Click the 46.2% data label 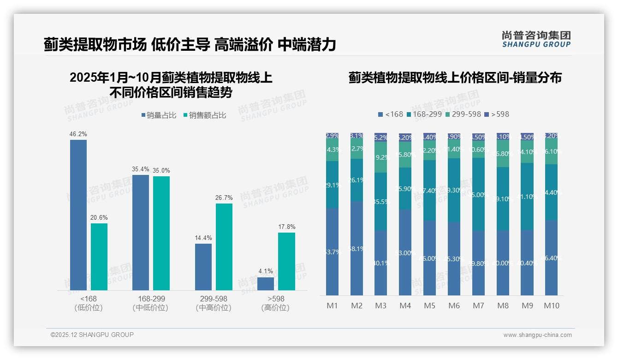point(78,134)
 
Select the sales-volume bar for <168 point(78,215)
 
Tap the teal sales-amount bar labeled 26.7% point(224,247)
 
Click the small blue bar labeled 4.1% point(266,283)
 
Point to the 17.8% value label point(287,227)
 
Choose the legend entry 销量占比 point(158,115)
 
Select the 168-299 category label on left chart point(151,299)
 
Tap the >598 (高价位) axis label point(276,303)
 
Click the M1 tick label point(333,306)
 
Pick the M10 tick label point(552,306)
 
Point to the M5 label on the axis point(429,306)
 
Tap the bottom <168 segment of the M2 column point(357,248)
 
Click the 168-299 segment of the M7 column point(478,194)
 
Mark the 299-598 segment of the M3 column point(380,157)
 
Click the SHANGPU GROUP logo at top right point(536,39)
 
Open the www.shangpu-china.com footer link point(537,335)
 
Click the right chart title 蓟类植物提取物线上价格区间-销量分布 point(455,78)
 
